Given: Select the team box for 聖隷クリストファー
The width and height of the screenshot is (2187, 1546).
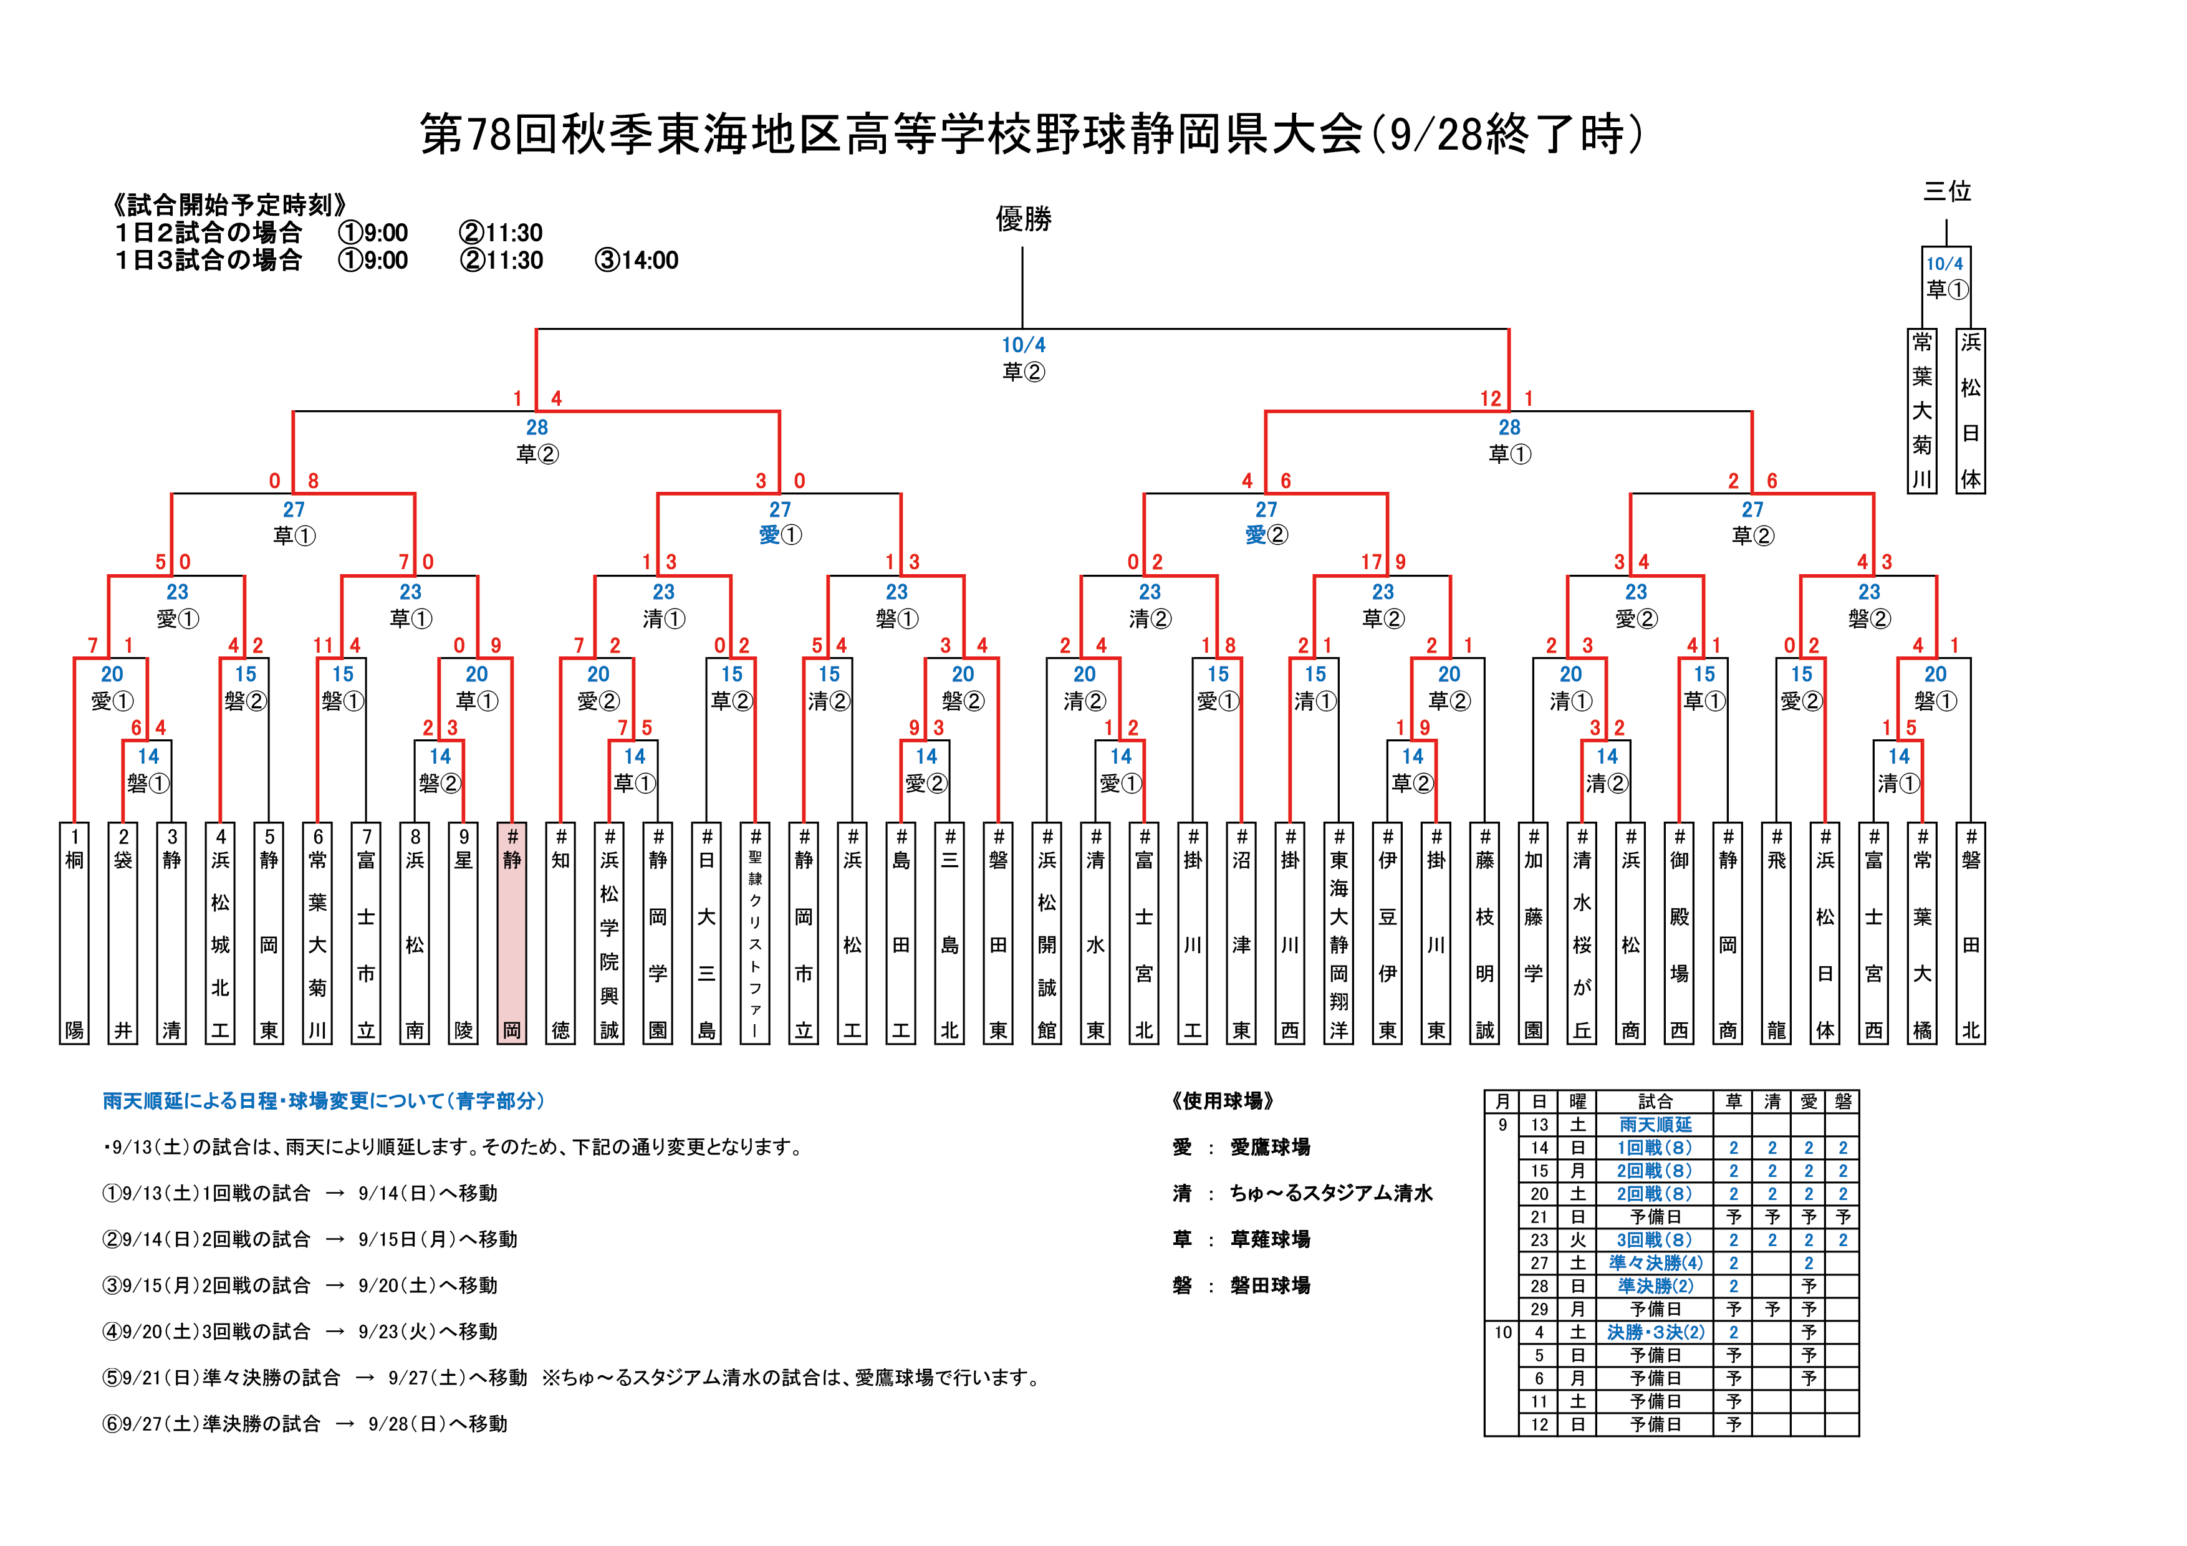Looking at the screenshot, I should click(x=756, y=933).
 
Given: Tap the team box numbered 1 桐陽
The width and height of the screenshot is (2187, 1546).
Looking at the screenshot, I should click(x=74, y=933).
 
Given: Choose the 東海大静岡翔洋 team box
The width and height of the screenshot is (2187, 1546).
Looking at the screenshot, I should click(x=1339, y=933).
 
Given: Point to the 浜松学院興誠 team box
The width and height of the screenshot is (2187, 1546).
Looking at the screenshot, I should click(x=610, y=933).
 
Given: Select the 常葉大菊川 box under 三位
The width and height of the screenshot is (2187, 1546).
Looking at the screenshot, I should click(x=1922, y=411).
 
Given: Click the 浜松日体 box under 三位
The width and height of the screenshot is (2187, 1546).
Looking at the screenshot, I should click(x=1971, y=411).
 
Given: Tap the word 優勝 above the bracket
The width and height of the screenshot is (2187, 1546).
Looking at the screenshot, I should click(x=1023, y=219).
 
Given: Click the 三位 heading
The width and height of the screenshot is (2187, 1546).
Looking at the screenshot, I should click(x=1946, y=191).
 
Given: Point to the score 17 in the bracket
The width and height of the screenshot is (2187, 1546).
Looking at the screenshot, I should click(x=1371, y=562).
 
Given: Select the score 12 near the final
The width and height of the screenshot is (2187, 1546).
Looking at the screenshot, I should click(x=1490, y=398).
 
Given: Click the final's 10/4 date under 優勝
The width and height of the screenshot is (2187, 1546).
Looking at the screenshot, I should click(x=1023, y=345).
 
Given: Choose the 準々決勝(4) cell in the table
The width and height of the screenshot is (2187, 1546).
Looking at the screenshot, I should click(x=1655, y=1263).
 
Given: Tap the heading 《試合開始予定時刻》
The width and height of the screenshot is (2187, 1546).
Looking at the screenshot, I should click(x=229, y=205).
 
